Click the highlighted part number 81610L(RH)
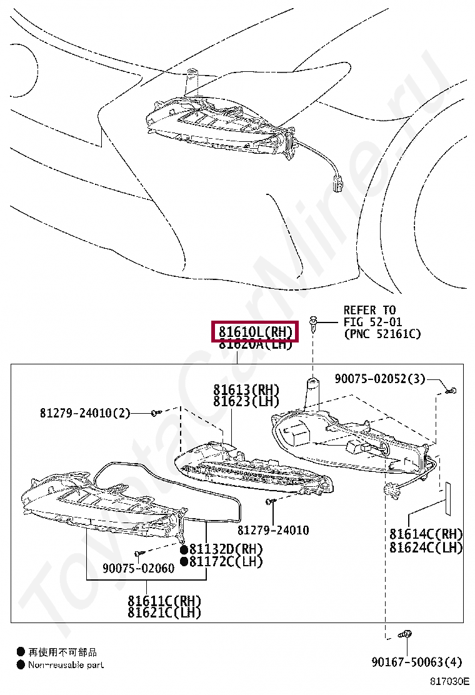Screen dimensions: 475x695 tap(255, 331)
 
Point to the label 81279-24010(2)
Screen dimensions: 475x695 tap(85, 412)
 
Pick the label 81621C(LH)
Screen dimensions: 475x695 tap(165, 612)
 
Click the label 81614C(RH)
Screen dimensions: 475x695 tap(426, 534)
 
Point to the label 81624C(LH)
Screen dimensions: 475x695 tap(426, 547)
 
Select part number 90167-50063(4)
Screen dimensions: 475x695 tap(416, 661)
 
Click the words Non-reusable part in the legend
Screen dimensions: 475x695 tap(66, 665)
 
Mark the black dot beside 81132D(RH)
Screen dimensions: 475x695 tap(184, 549)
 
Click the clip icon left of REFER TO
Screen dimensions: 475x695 tap(316, 323)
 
